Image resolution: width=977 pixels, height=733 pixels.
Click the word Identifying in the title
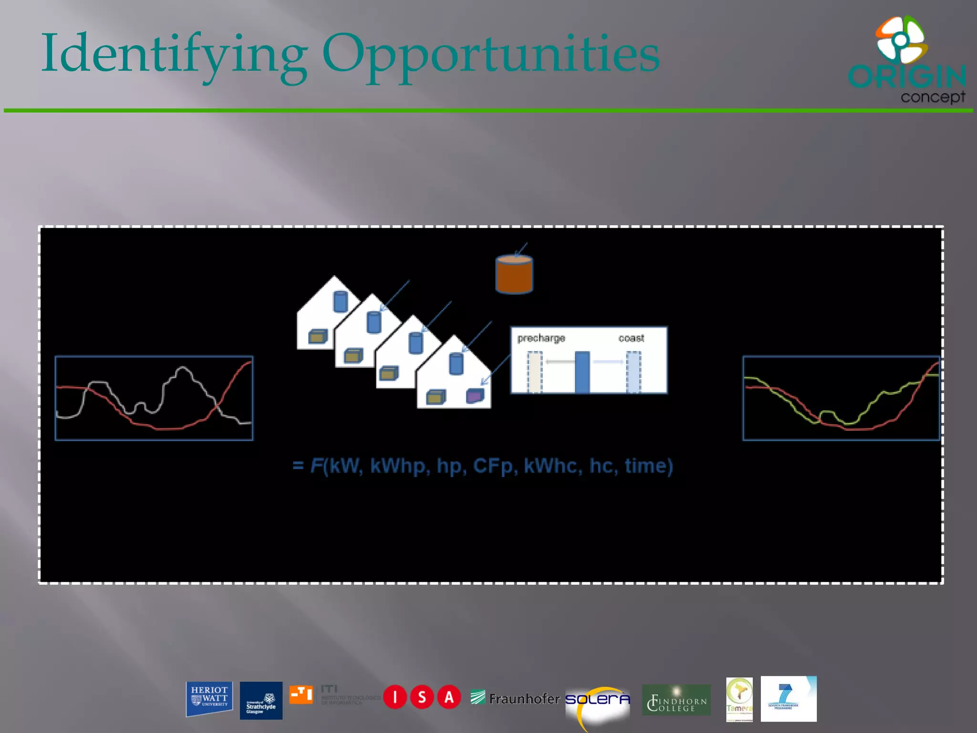point(174,53)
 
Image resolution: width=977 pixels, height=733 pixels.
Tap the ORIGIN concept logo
point(907,60)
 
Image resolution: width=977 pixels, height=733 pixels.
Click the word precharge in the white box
point(541,338)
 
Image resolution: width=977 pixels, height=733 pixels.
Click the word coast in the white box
point(631,338)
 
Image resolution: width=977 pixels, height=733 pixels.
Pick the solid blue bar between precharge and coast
point(582,372)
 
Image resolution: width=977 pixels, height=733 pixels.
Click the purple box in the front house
point(475,396)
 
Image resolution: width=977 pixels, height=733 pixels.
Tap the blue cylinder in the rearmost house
point(340,302)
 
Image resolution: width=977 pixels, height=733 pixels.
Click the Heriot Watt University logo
point(209,698)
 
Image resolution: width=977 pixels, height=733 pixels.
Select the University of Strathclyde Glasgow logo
point(260,700)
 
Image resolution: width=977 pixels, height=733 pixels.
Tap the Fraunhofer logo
point(515,699)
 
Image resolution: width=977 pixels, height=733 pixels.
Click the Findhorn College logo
point(676,700)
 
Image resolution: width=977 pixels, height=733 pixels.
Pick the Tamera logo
point(739,699)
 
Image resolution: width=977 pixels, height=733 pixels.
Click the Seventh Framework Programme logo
point(788,699)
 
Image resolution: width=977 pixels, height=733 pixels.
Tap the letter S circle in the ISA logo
point(422,697)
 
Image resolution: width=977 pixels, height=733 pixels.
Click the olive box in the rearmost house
point(318,337)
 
